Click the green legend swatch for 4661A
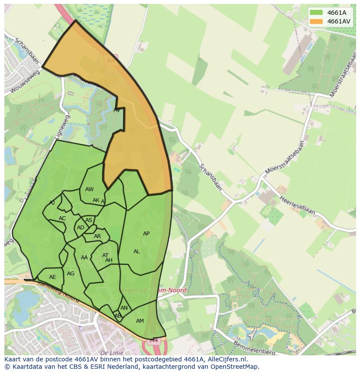pos(316,13)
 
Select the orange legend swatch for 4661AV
pos(316,21)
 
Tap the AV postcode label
pos(117,110)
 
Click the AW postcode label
pos(89,189)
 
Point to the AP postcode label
pos(146,234)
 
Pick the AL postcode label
pos(137,252)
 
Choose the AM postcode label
pos(140,321)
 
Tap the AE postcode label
pos(53,277)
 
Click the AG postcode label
pos(71,274)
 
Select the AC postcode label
pos(62,218)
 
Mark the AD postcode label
pos(80,228)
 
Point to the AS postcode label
pos(89,220)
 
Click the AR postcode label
pos(97,237)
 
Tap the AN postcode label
pos(124,308)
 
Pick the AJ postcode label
pos(52,203)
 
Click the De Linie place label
pos(112,352)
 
